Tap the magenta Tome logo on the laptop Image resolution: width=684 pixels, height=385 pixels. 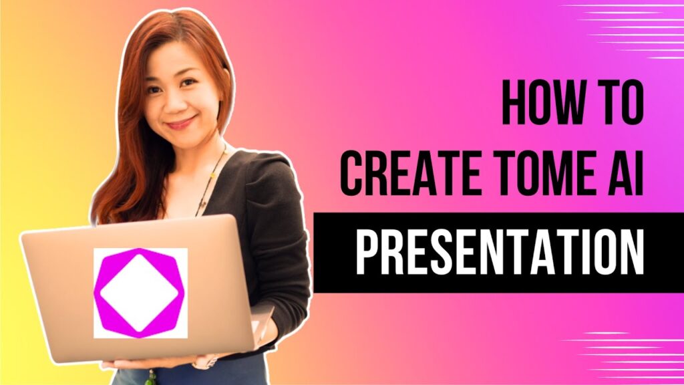point(140,293)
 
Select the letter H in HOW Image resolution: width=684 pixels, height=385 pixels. point(513,104)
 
